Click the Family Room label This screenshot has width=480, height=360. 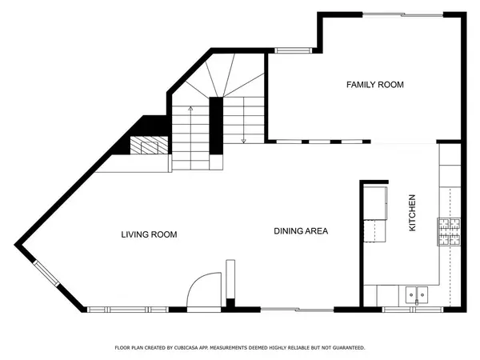[375, 85]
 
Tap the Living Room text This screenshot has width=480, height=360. [149, 234]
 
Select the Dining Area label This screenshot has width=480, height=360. [301, 231]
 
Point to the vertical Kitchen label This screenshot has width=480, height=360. [412, 213]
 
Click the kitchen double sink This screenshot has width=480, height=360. [417, 295]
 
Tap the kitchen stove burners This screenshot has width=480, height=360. [449, 232]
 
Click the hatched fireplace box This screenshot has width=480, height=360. [149, 145]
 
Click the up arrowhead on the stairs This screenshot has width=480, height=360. [190, 108]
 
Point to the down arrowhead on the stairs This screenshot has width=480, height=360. [244, 141]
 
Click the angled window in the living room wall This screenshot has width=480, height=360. [46, 274]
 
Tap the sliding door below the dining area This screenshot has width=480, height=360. [297, 310]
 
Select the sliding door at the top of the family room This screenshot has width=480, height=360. [403, 14]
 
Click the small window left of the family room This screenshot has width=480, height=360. [293, 50]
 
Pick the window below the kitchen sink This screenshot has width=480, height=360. [413, 310]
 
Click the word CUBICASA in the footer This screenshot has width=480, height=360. [186, 348]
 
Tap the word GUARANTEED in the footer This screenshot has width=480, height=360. [349, 348]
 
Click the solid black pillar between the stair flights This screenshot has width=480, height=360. [216, 126]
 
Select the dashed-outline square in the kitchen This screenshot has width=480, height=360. [374, 231]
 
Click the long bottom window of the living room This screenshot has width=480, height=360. [128, 310]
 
